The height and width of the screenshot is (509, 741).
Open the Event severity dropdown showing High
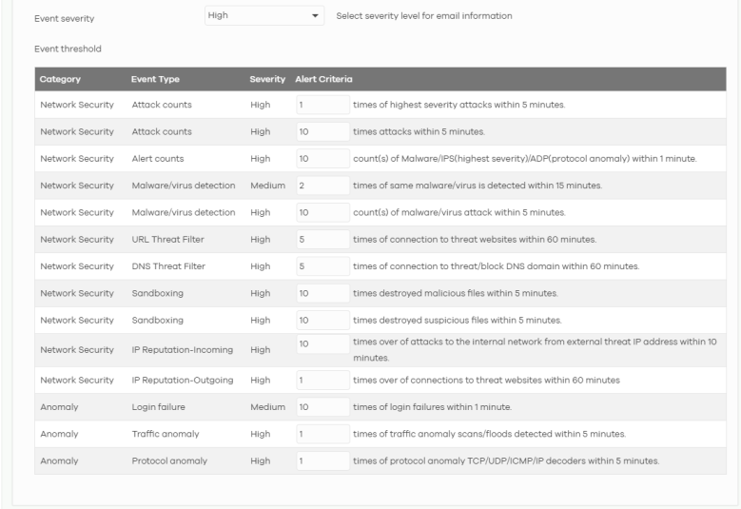pyautogui.click(x=264, y=16)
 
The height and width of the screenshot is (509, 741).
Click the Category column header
pyautogui.click(x=60, y=79)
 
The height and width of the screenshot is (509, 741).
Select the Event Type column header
pyautogui.click(x=155, y=79)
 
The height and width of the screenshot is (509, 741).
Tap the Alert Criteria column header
pyautogui.click(x=319, y=79)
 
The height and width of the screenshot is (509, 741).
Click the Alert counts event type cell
pyautogui.click(x=158, y=158)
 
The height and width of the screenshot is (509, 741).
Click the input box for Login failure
pyautogui.click(x=322, y=407)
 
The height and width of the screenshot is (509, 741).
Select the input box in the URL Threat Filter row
pyautogui.click(x=322, y=238)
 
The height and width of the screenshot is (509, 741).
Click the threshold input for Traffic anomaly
pyautogui.click(x=322, y=434)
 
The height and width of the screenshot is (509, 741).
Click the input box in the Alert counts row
pyautogui.click(x=322, y=158)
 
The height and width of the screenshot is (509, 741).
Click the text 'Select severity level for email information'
pyautogui.click(x=424, y=16)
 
